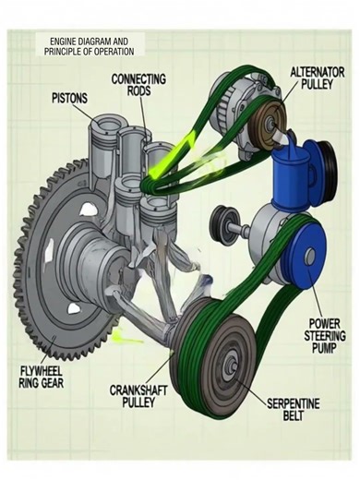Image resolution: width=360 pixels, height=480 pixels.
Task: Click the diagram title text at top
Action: [x=93, y=45]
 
